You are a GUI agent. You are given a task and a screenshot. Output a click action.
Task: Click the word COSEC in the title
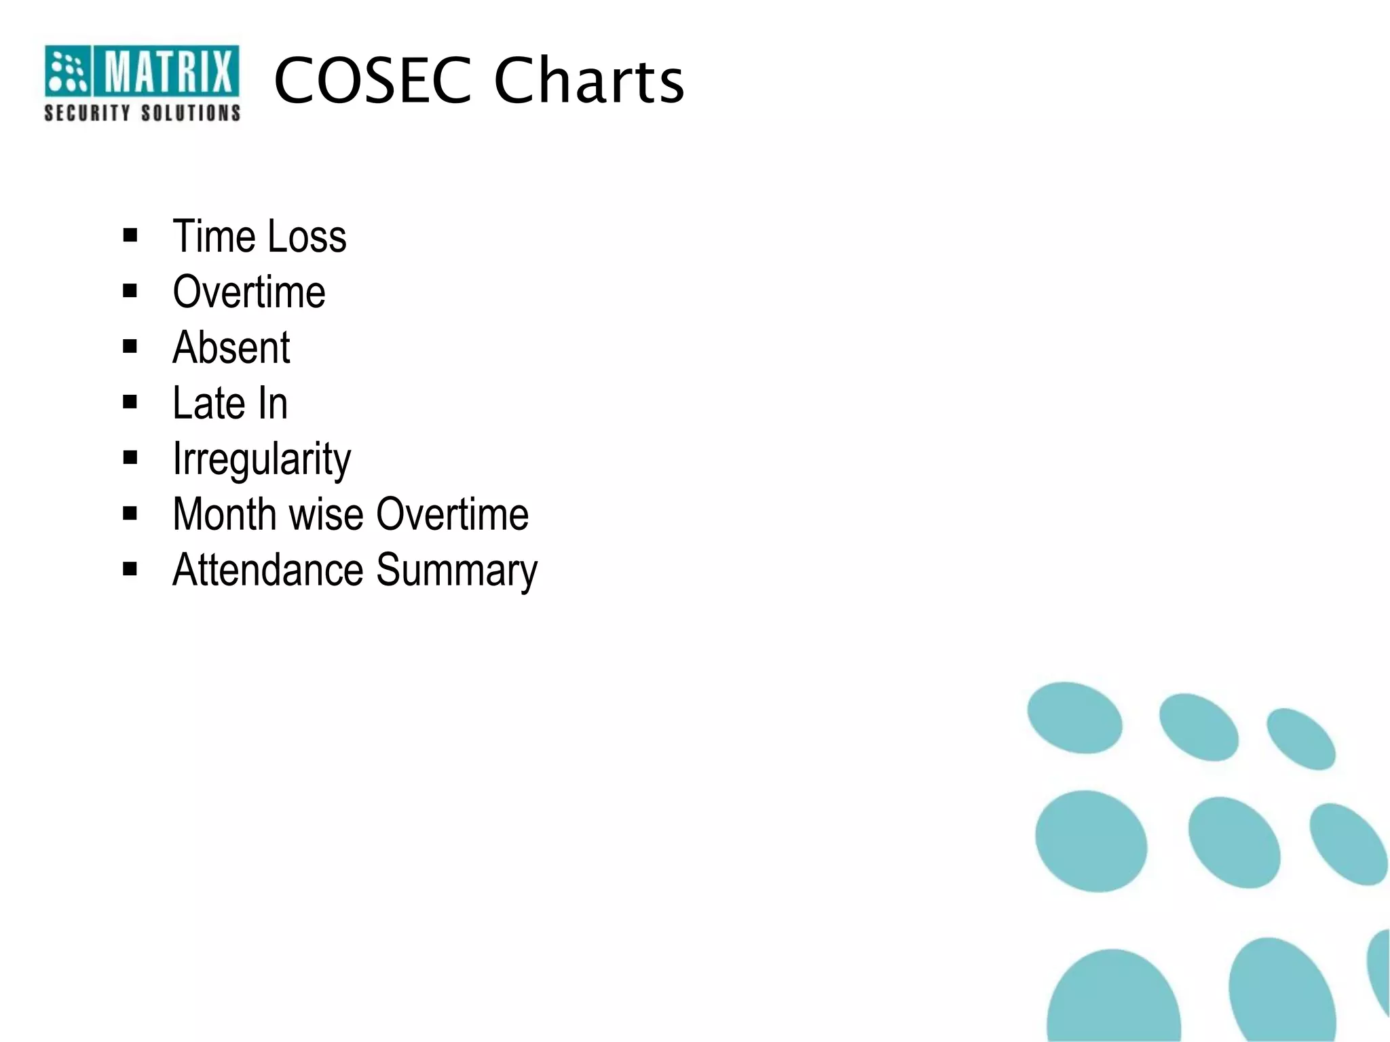pos(372,81)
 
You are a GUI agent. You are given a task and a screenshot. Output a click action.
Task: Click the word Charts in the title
pos(589,81)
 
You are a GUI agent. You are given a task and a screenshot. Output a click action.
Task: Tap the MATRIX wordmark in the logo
pos(167,71)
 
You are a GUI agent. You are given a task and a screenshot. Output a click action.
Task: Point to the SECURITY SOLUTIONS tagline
pos(143,113)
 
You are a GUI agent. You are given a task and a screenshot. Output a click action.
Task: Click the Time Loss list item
pos(259,237)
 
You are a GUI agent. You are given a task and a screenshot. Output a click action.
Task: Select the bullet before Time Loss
pos(130,236)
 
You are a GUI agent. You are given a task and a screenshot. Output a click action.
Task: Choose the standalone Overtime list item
pos(249,292)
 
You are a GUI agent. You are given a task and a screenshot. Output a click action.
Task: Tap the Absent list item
pos(231,348)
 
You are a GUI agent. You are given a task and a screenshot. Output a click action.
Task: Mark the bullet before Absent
pos(130,347)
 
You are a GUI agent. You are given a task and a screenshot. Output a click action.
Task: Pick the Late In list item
pos(230,404)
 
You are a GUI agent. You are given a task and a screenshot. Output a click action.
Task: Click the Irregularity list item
pos(261,460)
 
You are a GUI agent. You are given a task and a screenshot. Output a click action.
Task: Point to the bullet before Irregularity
pos(130,458)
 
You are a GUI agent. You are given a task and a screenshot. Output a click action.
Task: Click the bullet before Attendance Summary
pos(130,569)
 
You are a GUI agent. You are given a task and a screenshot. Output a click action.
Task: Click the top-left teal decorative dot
pos(1074,718)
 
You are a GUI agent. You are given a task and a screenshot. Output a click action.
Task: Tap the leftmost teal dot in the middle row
pos(1091,841)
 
